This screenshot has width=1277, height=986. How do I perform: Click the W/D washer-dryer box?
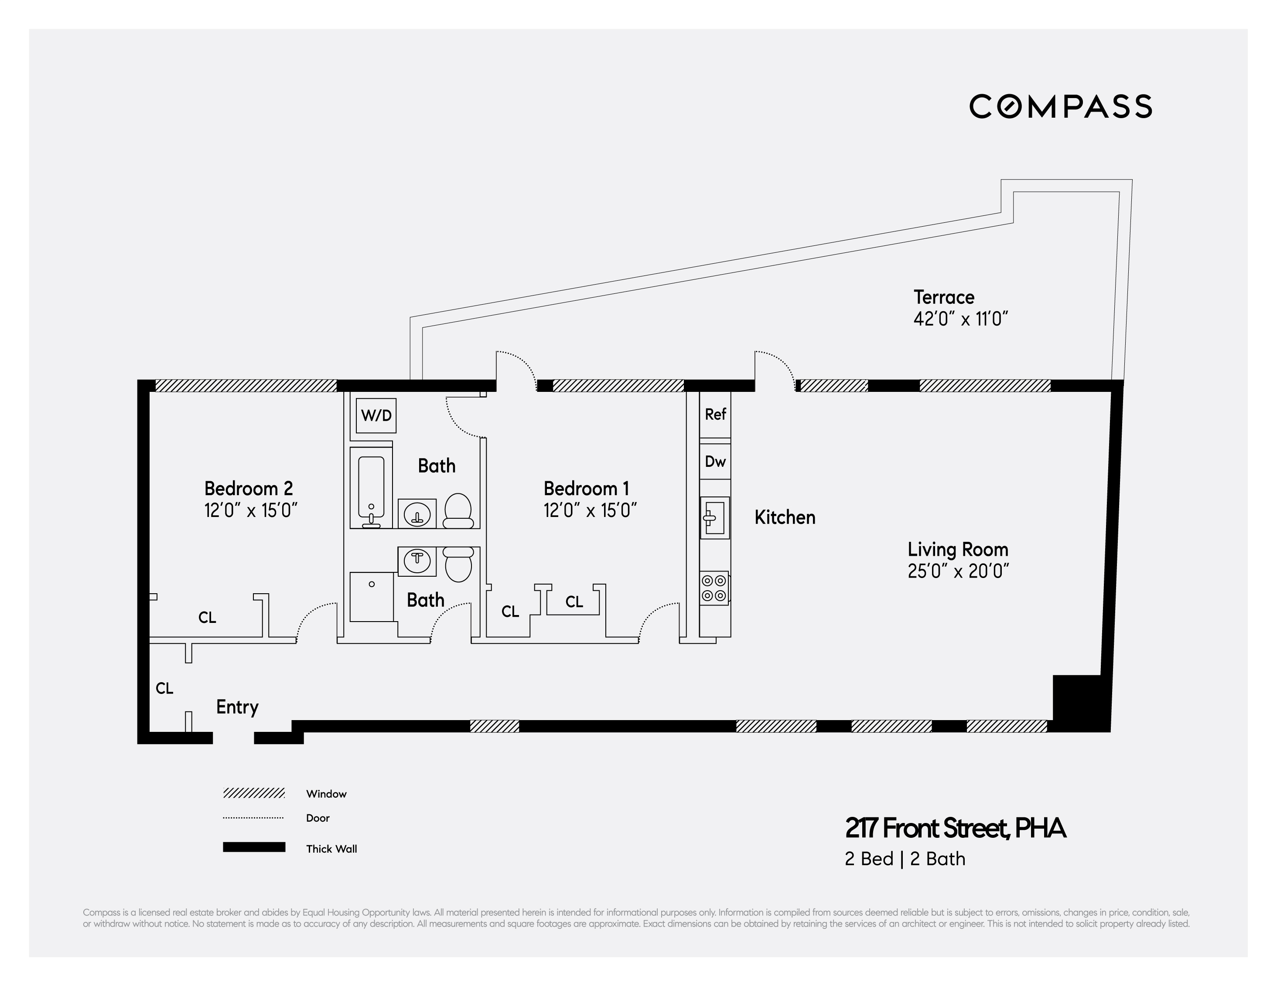click(x=376, y=415)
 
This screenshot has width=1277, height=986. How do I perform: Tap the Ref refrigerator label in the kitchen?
click(x=715, y=415)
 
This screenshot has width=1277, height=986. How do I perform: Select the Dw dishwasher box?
click(x=715, y=462)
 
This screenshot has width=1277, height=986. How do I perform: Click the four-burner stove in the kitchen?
click(x=714, y=588)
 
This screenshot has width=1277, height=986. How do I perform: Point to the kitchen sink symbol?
click(x=714, y=518)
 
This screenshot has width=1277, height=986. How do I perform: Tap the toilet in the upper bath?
click(x=458, y=511)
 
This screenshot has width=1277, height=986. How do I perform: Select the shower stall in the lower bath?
click(x=371, y=596)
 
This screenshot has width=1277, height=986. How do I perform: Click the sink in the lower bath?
click(x=417, y=561)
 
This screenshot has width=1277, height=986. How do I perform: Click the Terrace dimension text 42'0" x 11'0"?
click(x=961, y=319)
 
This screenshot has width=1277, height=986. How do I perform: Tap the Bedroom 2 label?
click(x=249, y=489)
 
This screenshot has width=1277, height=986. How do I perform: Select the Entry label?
click(x=237, y=707)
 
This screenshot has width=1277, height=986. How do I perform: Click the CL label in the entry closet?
click(x=164, y=689)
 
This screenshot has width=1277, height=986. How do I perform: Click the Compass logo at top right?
click(x=1060, y=106)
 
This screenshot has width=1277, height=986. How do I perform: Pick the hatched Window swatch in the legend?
click(x=254, y=793)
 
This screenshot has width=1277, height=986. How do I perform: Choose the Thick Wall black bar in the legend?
click(x=254, y=847)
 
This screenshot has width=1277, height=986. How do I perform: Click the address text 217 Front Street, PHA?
click(x=956, y=828)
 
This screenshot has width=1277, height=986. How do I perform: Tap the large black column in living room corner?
click(x=1079, y=701)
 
